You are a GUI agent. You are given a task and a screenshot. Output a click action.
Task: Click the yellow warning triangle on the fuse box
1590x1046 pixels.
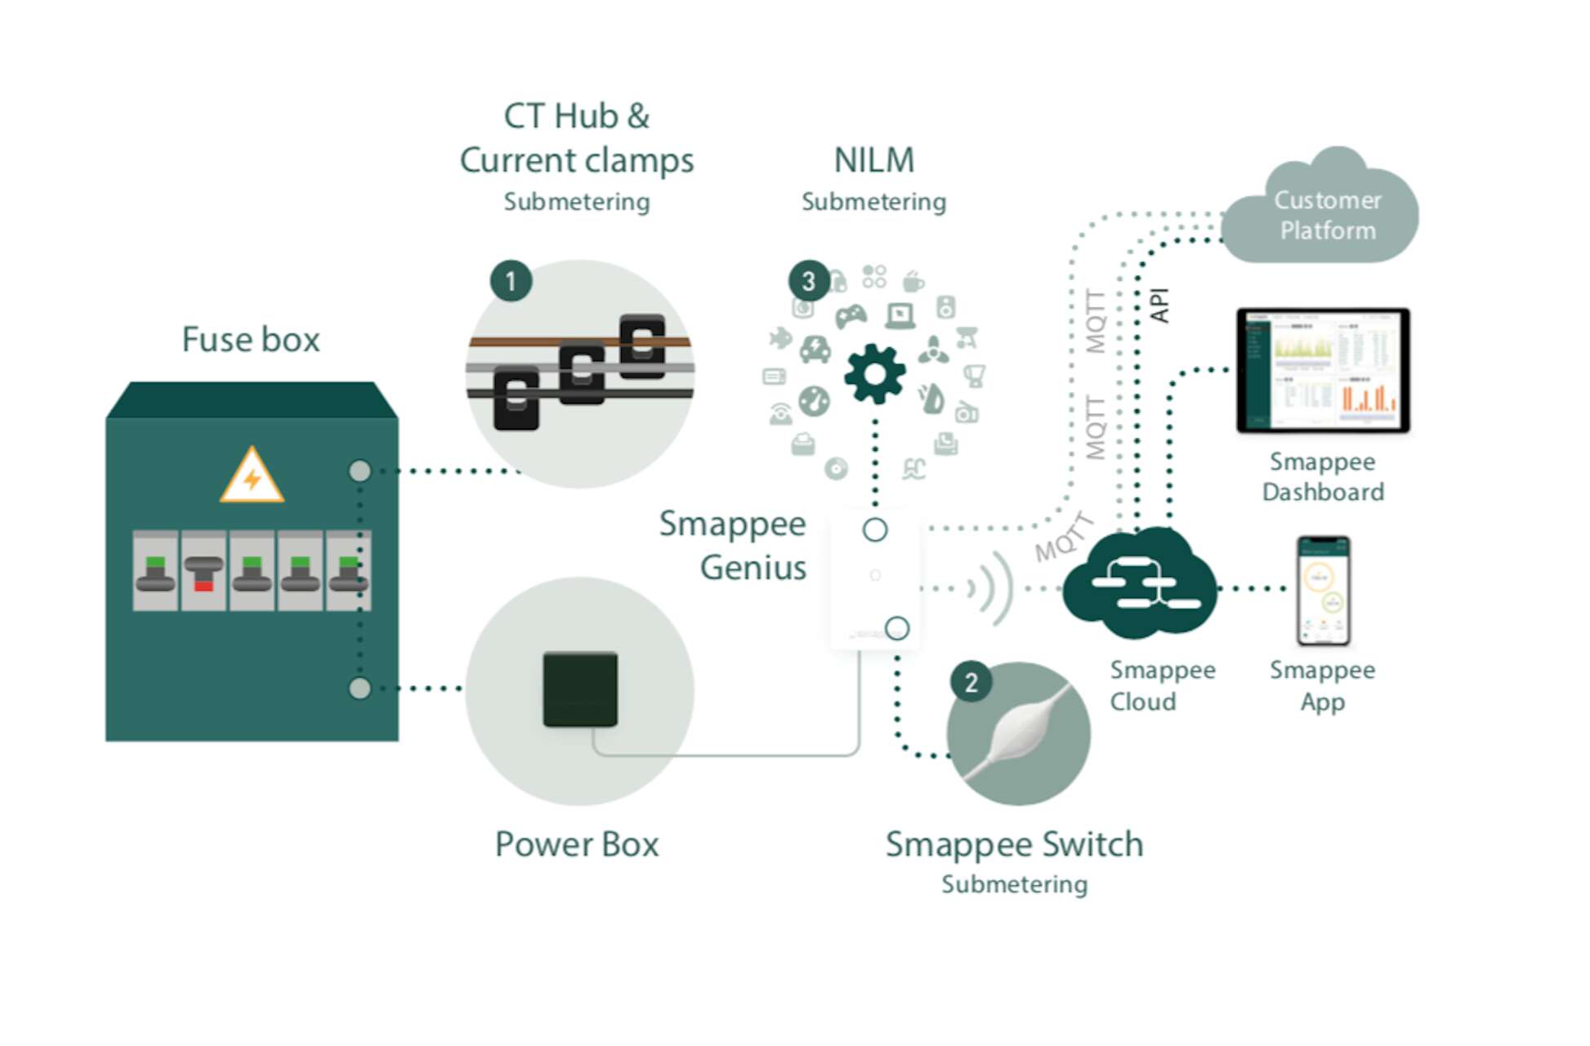pyautogui.click(x=252, y=476)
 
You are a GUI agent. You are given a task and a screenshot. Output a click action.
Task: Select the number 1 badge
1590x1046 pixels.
pyautogui.click(x=511, y=282)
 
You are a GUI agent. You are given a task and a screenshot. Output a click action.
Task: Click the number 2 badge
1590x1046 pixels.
pyautogui.click(x=971, y=682)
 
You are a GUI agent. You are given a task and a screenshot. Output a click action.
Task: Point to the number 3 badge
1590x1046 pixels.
pyautogui.click(x=809, y=282)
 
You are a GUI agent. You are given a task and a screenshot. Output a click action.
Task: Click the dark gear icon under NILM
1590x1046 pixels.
pyautogui.click(x=874, y=374)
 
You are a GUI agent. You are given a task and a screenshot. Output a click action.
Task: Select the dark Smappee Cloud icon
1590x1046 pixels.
pyautogui.click(x=1141, y=582)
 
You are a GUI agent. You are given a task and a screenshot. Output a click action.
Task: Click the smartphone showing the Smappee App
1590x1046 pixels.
pyautogui.click(x=1324, y=590)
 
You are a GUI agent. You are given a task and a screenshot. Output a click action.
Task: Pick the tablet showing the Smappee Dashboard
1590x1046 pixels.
pyautogui.click(x=1324, y=370)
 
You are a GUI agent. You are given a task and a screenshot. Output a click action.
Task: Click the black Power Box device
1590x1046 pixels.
pyautogui.click(x=580, y=689)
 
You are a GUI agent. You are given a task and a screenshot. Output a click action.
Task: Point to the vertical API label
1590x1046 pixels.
pyautogui.click(x=1159, y=306)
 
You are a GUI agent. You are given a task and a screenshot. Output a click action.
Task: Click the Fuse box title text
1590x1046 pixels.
pyautogui.click(x=251, y=339)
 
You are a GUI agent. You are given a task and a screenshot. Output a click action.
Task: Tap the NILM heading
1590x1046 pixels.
pyautogui.click(x=874, y=160)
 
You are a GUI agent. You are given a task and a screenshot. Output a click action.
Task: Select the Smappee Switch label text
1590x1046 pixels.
pyautogui.click(x=1014, y=844)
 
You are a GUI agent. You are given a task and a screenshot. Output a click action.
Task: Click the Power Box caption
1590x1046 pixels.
pyautogui.click(x=577, y=844)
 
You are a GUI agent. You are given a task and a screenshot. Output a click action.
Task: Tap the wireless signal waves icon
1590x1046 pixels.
pyautogui.click(x=992, y=588)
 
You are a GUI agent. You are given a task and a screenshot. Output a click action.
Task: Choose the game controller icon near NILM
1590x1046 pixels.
pyautogui.click(x=850, y=315)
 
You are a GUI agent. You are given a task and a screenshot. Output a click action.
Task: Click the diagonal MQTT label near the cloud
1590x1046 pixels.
pyautogui.click(x=1063, y=538)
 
